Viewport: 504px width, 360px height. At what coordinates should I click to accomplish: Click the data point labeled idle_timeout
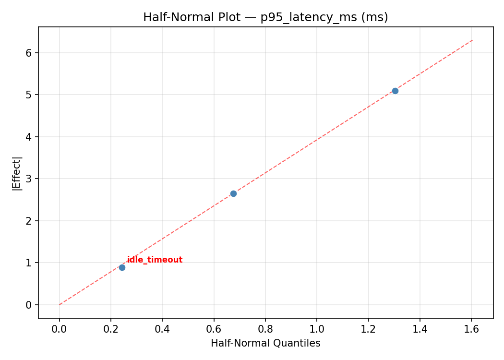tap(122, 267)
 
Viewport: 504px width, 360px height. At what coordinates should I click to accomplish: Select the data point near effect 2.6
tap(233, 193)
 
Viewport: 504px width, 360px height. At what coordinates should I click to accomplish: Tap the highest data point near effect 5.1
tap(395, 91)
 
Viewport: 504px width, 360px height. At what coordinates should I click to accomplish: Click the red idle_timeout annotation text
tap(155, 260)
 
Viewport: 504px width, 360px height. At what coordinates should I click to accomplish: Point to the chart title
tap(265, 17)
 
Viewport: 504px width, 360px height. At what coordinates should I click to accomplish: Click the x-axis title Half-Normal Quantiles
tap(265, 343)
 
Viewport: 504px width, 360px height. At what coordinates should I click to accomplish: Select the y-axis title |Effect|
tap(17, 173)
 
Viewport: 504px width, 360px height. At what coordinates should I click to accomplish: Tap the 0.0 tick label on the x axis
tap(60, 329)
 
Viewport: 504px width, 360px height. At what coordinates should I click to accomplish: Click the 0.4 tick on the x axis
tap(162, 329)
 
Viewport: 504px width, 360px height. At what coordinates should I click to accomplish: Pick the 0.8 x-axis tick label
tap(265, 329)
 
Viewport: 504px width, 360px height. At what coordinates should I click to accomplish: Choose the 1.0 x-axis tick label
tap(317, 329)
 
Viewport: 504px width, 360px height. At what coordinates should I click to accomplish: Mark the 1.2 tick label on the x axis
tap(368, 329)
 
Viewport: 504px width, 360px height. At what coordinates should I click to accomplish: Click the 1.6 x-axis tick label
tap(471, 329)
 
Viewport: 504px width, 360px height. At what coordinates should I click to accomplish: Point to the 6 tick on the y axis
tap(29, 53)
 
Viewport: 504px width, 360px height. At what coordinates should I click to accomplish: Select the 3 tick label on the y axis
tap(29, 179)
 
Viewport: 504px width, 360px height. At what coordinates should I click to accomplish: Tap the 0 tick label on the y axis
tap(29, 305)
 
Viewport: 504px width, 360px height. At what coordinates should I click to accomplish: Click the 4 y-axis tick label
tap(29, 137)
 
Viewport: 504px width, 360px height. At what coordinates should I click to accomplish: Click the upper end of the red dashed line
tap(472, 40)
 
